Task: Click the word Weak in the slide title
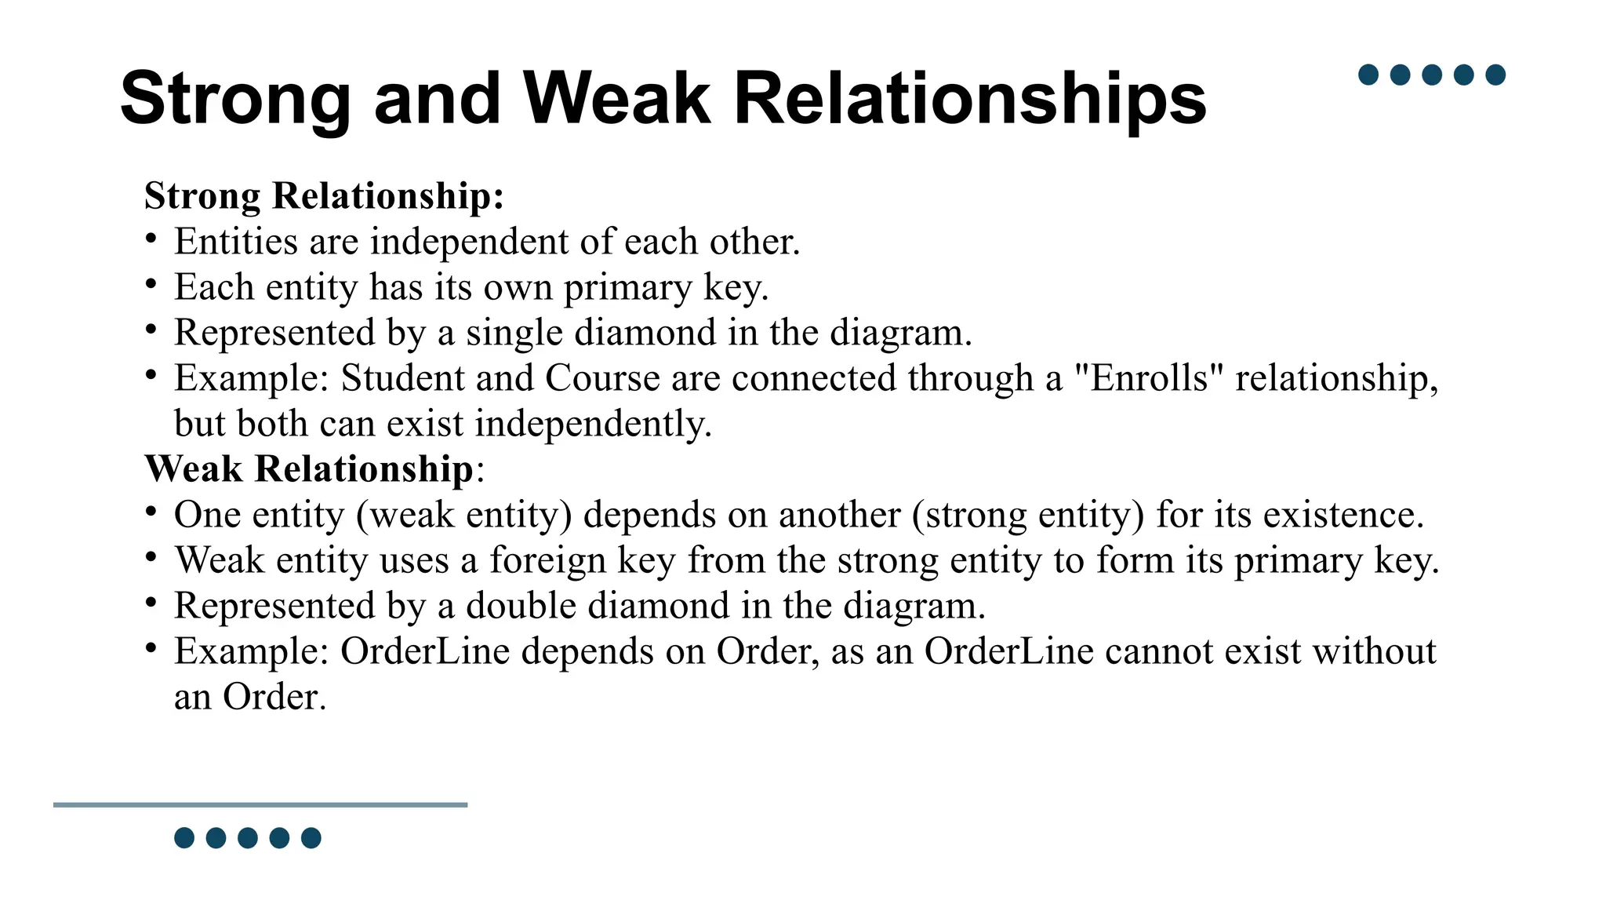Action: [616, 99]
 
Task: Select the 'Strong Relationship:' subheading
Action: [324, 195]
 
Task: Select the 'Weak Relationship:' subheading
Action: [314, 468]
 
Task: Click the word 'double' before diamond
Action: [521, 606]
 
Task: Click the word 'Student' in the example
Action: [402, 377]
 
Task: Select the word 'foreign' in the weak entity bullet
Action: [547, 560]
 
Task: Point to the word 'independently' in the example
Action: [592, 424]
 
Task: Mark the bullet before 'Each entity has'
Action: [151, 283]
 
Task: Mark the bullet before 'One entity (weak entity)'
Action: [151, 511]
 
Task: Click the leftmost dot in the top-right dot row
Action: [1368, 75]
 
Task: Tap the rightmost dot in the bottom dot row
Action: [311, 838]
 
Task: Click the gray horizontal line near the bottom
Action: [260, 804]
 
